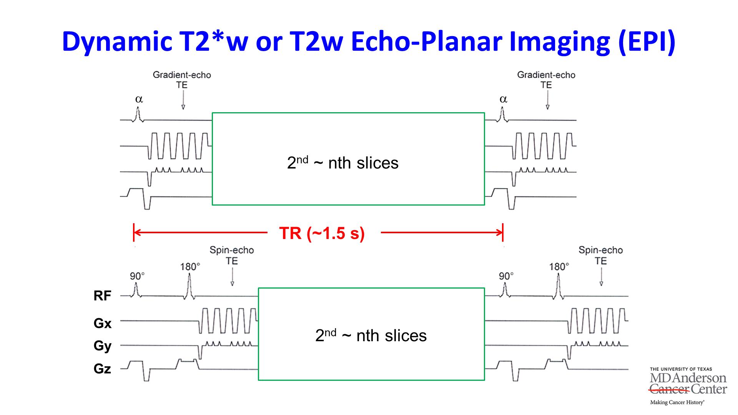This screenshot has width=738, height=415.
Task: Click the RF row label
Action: point(102,295)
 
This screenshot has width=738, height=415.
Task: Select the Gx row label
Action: point(102,323)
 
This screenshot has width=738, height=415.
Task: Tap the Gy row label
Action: point(102,346)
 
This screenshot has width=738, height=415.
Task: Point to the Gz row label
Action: point(102,369)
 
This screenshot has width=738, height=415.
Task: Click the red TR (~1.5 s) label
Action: point(322,233)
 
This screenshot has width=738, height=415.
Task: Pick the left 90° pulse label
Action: point(137,276)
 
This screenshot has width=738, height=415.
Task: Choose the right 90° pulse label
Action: point(506,276)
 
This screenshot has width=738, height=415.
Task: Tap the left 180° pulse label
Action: point(190,267)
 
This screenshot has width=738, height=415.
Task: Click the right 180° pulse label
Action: point(559,267)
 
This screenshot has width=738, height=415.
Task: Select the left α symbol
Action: point(139,99)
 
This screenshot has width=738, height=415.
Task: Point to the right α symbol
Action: point(504,99)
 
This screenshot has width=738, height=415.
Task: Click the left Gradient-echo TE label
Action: point(182,80)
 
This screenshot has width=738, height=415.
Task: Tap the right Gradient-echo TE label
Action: point(546,80)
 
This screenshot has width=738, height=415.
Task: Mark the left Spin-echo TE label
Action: point(232,255)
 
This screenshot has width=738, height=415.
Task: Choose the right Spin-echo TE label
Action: point(601,255)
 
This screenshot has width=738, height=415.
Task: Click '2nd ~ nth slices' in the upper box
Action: point(342,163)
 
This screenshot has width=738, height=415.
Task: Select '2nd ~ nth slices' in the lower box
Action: point(371,335)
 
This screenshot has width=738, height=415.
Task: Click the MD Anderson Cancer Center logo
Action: point(688,385)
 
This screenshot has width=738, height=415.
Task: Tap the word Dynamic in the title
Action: point(117,41)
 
